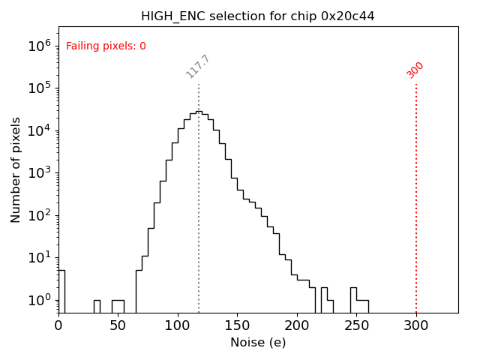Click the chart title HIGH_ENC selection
(x=258, y=16)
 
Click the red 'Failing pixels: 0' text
(x=106, y=46)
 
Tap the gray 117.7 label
(x=197, y=67)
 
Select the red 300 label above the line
(x=415, y=70)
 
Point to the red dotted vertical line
(x=416, y=195)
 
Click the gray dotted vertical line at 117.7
(x=199, y=225)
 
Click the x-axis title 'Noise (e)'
(x=258, y=343)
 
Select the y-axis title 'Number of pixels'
(x=16, y=169)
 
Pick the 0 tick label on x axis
(x=58, y=325)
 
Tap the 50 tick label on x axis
(x=118, y=325)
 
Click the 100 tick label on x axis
(x=178, y=325)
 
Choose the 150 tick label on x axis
(x=237, y=325)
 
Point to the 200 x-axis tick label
(x=297, y=325)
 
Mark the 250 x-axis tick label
(x=356, y=325)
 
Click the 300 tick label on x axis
(x=416, y=325)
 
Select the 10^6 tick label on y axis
(x=40, y=46)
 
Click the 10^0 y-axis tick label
(x=40, y=301)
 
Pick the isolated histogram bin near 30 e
(x=97, y=306)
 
